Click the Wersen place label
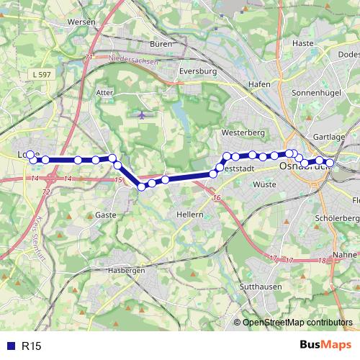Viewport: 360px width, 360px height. point(81,22)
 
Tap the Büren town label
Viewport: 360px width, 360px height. point(162,45)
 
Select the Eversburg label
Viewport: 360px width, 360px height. point(198,72)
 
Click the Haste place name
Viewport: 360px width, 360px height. point(303,43)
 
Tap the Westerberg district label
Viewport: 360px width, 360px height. point(244,133)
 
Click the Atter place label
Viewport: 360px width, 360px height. point(105,93)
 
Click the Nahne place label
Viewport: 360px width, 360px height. point(346,255)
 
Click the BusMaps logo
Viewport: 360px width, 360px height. point(325,346)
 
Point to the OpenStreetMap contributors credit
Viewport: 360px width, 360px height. point(296,323)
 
